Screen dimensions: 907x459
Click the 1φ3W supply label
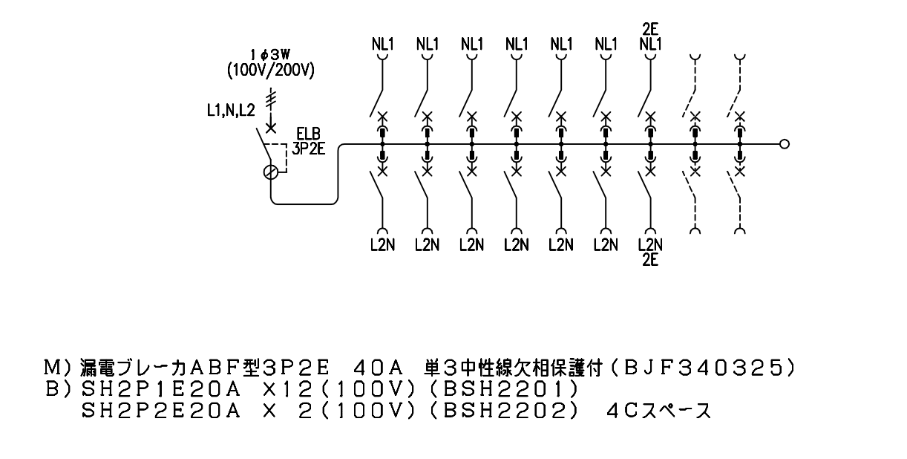pyautogui.click(x=270, y=55)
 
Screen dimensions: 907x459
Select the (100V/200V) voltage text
pyautogui.click(x=270, y=71)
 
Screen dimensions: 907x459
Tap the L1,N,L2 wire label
pyautogui.click(x=231, y=110)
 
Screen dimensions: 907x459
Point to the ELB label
pyautogui.click(x=308, y=134)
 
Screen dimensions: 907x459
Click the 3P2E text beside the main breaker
pyautogui.click(x=309, y=149)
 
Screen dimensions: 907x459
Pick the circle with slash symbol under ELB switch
pyautogui.click(x=270, y=172)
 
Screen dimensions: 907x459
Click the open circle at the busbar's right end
pyautogui.click(x=785, y=144)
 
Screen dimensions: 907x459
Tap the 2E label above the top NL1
pyautogui.click(x=650, y=29)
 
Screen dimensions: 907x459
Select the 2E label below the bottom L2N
pyautogui.click(x=650, y=260)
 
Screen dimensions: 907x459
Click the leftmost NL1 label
pyautogui.click(x=383, y=44)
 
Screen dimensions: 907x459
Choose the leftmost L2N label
pyautogui.click(x=383, y=244)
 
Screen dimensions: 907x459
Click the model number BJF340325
pyautogui.click(x=704, y=368)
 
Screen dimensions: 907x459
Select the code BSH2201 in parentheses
pyautogui.click(x=503, y=390)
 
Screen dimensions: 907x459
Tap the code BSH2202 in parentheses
pyautogui.click(x=503, y=411)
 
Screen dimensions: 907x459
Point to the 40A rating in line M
pyautogui.click(x=379, y=368)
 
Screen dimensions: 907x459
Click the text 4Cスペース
pyautogui.click(x=659, y=411)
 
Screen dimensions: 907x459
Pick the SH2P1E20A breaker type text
pyautogui.click(x=161, y=390)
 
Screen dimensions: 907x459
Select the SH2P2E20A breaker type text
pyautogui.click(x=161, y=411)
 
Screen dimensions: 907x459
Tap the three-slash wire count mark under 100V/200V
pyautogui.click(x=270, y=100)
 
